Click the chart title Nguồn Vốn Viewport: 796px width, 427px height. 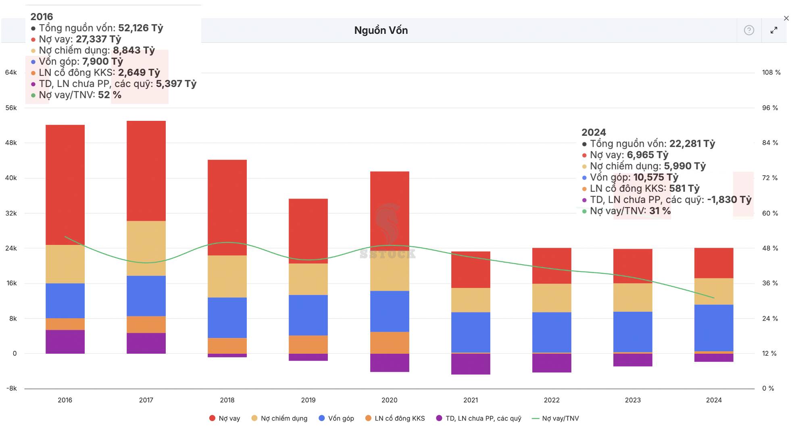pos(381,30)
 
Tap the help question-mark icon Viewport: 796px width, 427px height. pos(749,30)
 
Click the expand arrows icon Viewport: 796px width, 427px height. pos(774,30)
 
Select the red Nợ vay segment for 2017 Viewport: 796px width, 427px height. pos(146,170)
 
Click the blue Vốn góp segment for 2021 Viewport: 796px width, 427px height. pos(471,332)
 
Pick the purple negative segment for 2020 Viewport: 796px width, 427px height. pos(390,363)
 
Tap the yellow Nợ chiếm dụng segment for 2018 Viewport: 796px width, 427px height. pos(227,276)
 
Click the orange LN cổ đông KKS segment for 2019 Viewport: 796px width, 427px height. pos(308,344)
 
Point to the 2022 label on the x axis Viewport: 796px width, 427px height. pos(552,400)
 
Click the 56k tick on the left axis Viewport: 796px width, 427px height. pos(11,108)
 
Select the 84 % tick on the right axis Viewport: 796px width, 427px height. pos(770,143)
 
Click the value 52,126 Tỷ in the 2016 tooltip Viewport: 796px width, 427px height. pos(140,28)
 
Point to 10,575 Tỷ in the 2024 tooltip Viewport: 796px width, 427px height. pos(656,177)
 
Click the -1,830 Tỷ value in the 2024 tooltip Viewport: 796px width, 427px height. pos(729,200)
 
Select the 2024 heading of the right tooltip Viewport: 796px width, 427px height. pos(594,132)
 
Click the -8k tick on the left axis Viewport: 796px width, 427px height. pos(11,388)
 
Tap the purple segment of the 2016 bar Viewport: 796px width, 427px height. pos(65,342)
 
